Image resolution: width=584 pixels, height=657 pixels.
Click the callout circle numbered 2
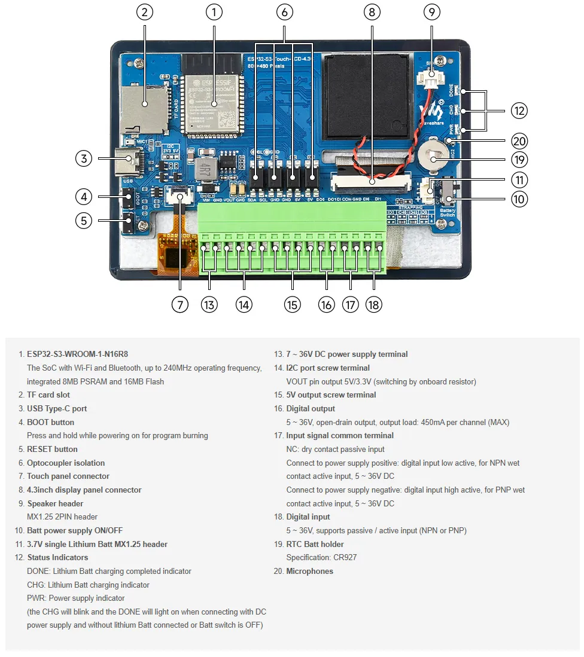144,12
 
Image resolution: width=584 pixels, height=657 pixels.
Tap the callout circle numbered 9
431,12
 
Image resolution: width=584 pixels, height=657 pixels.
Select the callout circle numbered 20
519,142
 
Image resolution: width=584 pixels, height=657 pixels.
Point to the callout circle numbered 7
180,304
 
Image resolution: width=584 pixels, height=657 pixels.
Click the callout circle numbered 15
292,304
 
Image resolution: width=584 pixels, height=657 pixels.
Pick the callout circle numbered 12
519,110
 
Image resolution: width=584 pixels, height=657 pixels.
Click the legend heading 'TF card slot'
48,395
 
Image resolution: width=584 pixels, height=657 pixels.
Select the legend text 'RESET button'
52,450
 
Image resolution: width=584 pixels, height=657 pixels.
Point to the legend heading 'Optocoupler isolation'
66,463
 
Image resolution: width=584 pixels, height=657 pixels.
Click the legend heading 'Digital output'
311,409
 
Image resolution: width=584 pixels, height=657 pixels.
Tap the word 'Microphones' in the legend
309,572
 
